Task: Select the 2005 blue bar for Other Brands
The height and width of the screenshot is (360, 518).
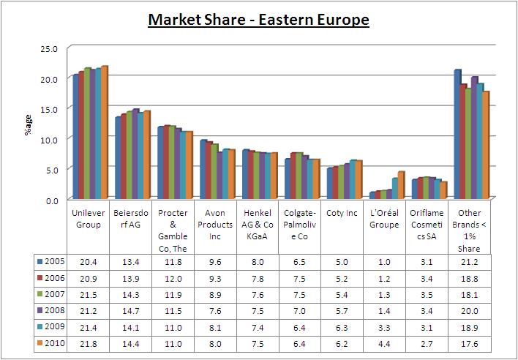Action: point(457,134)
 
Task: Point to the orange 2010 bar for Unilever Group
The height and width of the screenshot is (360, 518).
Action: point(104,132)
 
